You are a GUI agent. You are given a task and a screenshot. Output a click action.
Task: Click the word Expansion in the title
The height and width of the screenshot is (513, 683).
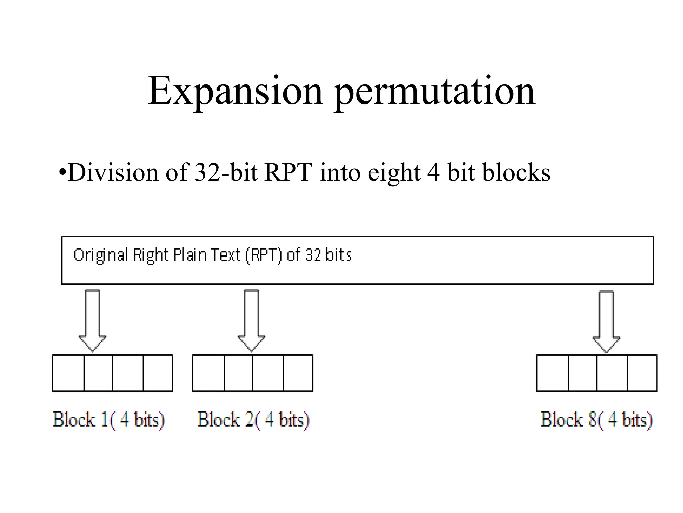[235, 91]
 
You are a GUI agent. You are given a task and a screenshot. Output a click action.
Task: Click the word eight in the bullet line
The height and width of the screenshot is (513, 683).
[394, 173]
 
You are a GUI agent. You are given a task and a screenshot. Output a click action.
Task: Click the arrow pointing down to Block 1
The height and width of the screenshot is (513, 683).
[92, 320]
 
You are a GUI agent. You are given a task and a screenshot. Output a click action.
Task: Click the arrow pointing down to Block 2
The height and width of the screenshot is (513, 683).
[251, 320]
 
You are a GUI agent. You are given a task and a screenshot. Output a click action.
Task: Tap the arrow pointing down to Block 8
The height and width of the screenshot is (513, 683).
[606, 321]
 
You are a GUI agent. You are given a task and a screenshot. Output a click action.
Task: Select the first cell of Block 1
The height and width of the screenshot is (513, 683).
[68, 373]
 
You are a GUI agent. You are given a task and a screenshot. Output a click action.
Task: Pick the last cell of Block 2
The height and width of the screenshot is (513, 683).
[298, 373]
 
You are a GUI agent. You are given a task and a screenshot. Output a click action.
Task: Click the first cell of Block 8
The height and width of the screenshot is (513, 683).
[552, 373]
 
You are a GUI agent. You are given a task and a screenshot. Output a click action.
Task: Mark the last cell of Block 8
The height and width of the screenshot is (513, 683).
[642, 373]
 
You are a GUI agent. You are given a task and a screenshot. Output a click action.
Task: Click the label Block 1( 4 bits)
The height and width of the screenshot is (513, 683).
[109, 420]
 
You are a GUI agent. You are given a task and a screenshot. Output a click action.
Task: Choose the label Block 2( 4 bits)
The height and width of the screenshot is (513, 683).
[253, 420]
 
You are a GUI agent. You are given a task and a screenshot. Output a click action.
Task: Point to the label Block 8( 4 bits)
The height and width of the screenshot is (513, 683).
[596, 420]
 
